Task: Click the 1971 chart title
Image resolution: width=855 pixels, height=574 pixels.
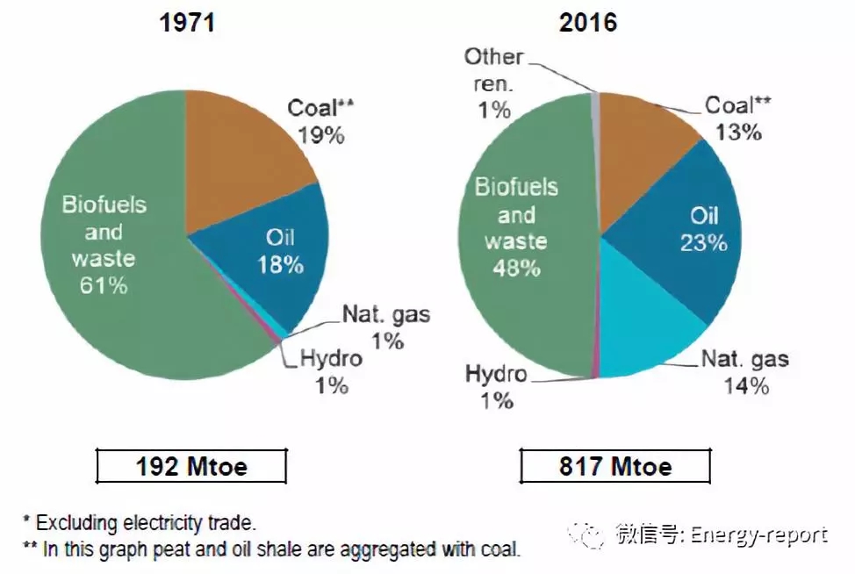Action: [187, 23]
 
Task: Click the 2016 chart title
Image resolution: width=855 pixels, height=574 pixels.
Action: [588, 23]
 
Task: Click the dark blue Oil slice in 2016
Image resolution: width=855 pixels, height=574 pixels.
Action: [693, 237]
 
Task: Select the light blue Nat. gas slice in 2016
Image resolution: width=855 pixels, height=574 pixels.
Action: [650, 329]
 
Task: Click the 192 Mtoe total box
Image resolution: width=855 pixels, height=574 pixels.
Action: [191, 466]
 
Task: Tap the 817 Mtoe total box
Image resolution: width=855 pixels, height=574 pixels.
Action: [614, 466]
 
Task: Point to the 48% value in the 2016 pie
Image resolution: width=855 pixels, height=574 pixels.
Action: [516, 268]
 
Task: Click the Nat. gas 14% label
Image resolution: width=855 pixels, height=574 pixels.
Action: [744, 372]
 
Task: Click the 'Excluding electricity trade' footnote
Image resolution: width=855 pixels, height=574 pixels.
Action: [146, 523]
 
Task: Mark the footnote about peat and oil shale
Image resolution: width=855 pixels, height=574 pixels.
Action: [271, 550]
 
